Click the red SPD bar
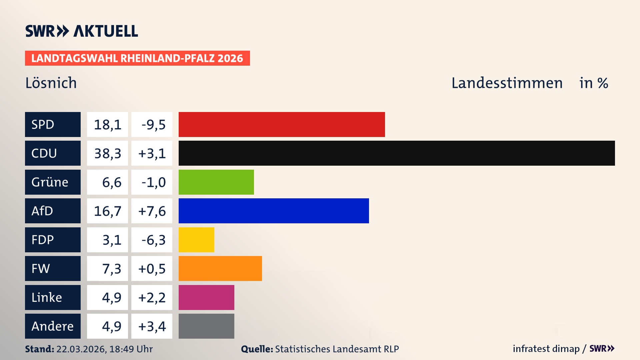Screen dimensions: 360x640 282,124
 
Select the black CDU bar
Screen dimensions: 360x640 397,153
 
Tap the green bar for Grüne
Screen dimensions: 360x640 216,182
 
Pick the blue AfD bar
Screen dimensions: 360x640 274,211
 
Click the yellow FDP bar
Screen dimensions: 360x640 196,240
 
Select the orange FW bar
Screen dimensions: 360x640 220,268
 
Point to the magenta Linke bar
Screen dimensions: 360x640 206,297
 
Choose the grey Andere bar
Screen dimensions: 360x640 206,326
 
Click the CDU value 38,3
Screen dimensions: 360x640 107,153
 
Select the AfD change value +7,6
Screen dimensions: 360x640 152,211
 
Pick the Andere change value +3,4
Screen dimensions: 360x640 152,326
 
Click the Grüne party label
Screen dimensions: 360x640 50,182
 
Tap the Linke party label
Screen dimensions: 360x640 47,297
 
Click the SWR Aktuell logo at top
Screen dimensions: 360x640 81,31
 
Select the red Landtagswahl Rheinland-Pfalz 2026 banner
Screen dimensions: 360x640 137,58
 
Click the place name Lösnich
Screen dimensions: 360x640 51,83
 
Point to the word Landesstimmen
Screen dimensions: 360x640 507,83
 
